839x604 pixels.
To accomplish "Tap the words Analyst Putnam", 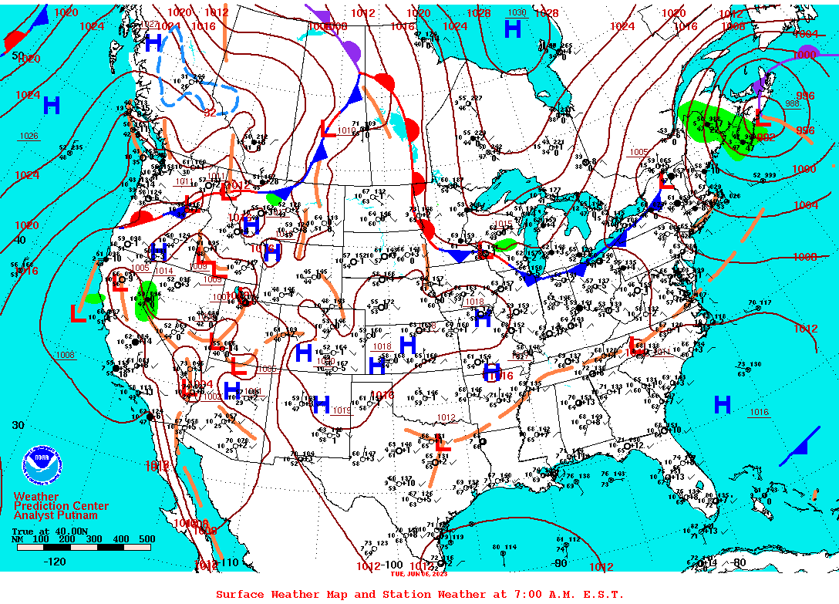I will pyautogui.click(x=56, y=515).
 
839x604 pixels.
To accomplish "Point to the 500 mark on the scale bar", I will pyautogui.click(x=146, y=539).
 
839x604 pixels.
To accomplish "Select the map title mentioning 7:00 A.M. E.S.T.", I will pyautogui.click(x=419, y=594).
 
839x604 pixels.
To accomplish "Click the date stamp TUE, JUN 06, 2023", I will pyautogui.click(x=419, y=573).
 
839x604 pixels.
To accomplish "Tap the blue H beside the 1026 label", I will pyautogui.click(x=52, y=106).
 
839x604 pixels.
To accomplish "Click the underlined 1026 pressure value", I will pyautogui.click(x=29, y=137).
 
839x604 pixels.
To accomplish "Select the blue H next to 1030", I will pyautogui.click(x=512, y=29).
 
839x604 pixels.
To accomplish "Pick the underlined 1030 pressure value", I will pyautogui.click(x=517, y=13).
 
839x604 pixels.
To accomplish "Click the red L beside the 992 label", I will pyautogui.click(x=761, y=118).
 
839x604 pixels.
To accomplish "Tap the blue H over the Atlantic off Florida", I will pyautogui.click(x=723, y=404).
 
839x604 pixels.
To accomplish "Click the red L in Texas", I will pyautogui.click(x=442, y=444).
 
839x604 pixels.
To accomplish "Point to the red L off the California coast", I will pyautogui.click(x=77, y=313).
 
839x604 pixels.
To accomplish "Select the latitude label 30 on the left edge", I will pyautogui.click(x=18, y=425).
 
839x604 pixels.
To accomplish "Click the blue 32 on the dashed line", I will pyautogui.click(x=210, y=113).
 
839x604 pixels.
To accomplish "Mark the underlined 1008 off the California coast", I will pyautogui.click(x=66, y=356).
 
